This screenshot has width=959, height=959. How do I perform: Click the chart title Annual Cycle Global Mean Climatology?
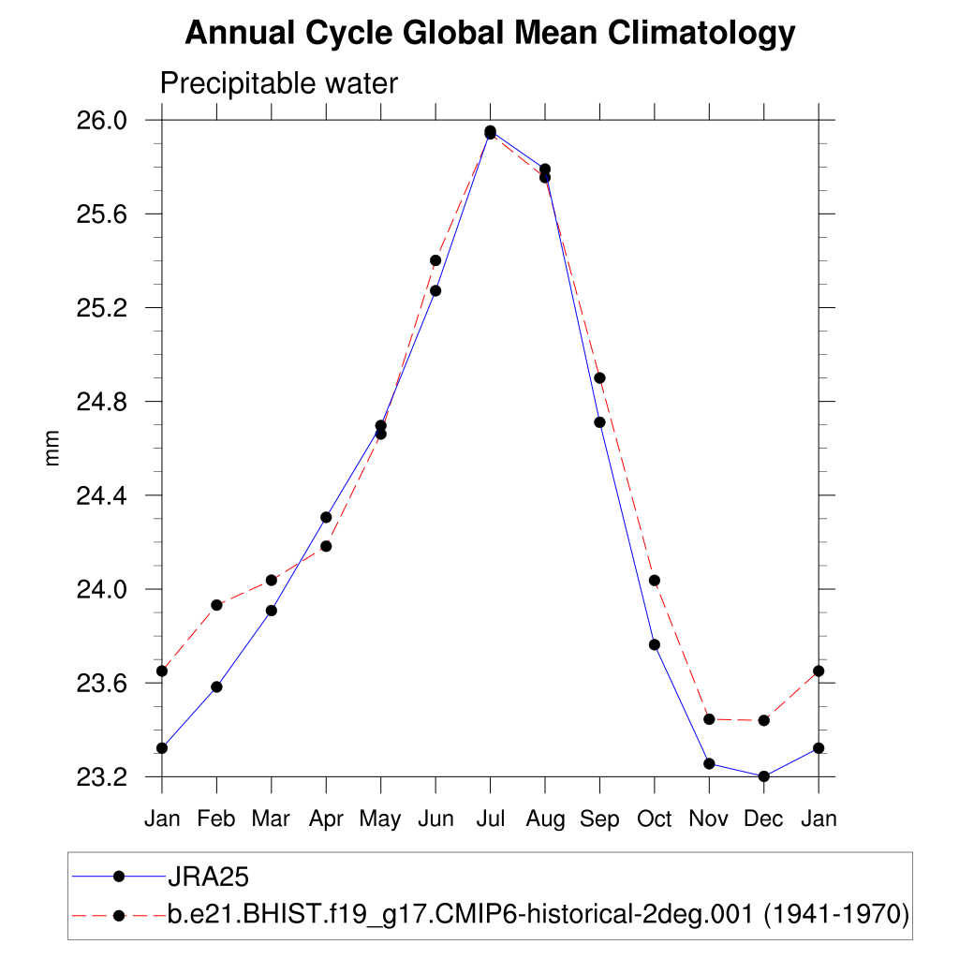490,34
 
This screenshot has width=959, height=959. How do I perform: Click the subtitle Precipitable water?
279,83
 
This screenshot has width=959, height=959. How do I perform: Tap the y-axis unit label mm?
52,448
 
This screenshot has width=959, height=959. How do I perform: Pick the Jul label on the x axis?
490,819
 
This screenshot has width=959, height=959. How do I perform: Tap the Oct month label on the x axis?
655,819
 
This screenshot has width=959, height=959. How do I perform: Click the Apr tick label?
326,819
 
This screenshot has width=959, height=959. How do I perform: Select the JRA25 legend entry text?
207,877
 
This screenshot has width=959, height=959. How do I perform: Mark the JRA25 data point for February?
216,686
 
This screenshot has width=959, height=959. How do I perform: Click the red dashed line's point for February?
216,605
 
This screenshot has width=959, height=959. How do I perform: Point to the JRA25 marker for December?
764,776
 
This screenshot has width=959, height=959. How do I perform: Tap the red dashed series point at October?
655,581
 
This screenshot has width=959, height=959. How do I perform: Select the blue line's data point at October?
655,644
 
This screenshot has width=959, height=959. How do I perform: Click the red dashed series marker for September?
599,377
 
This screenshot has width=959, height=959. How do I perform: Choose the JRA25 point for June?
435,290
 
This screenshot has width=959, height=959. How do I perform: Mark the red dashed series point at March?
272,580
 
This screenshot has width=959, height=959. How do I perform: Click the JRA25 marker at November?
709,764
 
